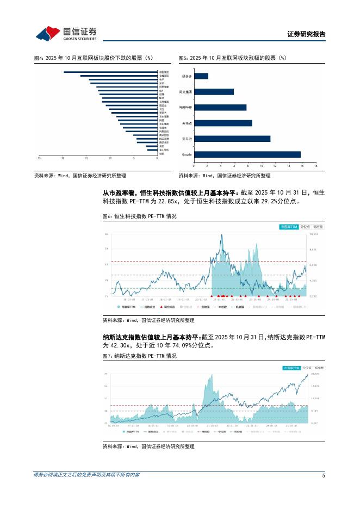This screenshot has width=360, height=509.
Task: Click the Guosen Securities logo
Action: point(66,34)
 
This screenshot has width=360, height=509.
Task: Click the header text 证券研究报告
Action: point(306,34)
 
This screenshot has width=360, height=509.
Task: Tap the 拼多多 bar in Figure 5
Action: point(201,76)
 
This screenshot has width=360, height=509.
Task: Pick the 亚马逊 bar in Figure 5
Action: point(232,139)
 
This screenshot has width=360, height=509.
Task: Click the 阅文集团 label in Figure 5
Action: point(187,92)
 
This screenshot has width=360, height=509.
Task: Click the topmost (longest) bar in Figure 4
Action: point(110,72)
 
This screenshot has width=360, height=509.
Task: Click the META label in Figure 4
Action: point(162,98)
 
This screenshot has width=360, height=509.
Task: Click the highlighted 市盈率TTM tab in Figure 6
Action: point(288,226)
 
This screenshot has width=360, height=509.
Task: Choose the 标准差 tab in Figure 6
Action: point(317,226)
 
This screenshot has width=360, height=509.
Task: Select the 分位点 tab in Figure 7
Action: point(306,368)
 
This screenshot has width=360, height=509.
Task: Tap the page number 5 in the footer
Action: point(324,475)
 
